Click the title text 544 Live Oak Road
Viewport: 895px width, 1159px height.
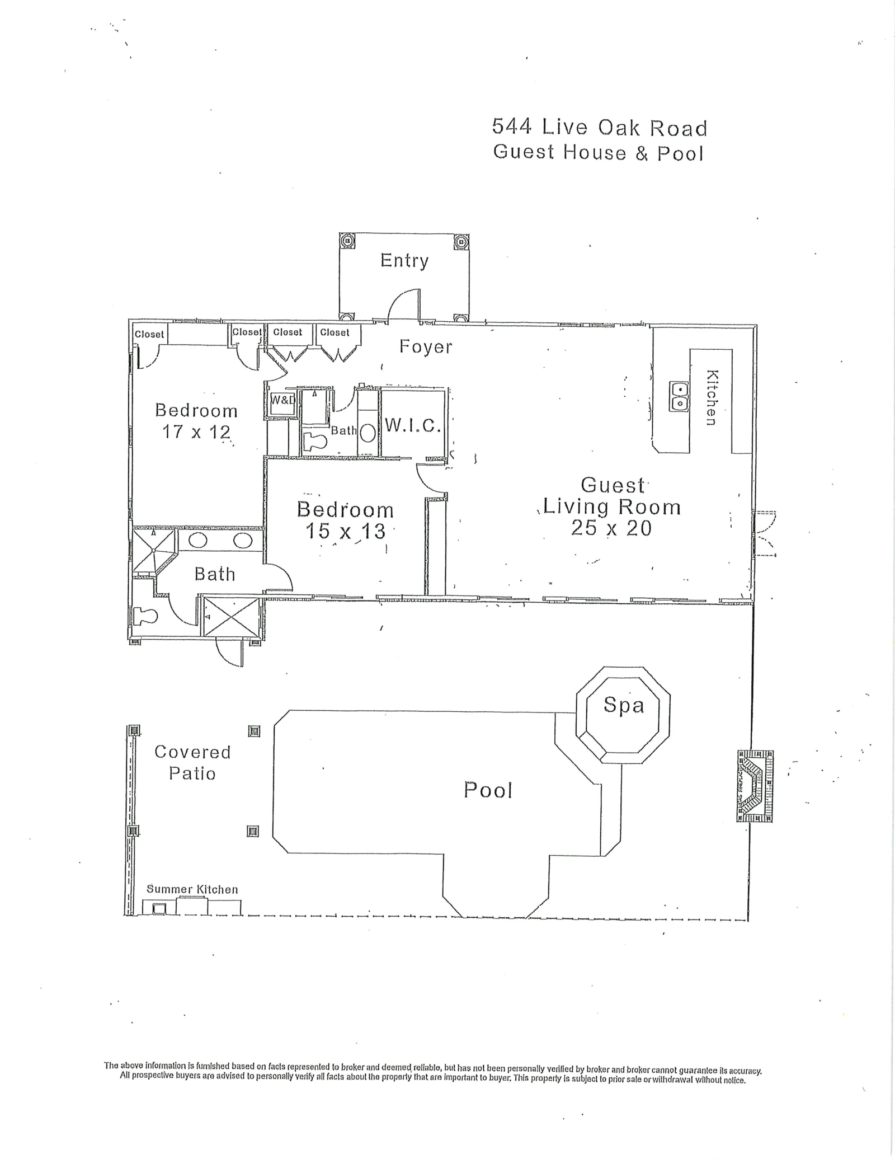click(599, 128)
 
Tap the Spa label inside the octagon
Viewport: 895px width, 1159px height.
click(623, 705)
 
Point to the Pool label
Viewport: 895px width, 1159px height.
click(488, 790)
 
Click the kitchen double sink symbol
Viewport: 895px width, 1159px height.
click(679, 396)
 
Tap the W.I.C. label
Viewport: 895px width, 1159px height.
click(413, 426)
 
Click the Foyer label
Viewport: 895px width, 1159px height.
click(425, 347)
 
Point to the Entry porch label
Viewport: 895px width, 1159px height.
click(404, 261)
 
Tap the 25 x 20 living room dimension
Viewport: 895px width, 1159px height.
click(611, 528)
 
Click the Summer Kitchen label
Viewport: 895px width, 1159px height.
click(192, 889)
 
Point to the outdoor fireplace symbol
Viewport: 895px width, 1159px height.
click(755, 786)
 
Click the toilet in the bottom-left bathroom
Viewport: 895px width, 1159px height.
click(146, 616)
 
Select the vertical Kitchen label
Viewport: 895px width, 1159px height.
click(711, 397)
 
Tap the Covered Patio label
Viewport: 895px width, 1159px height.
click(192, 762)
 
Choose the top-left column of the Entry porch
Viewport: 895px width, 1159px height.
click(347, 241)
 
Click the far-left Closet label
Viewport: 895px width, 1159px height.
click(149, 334)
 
